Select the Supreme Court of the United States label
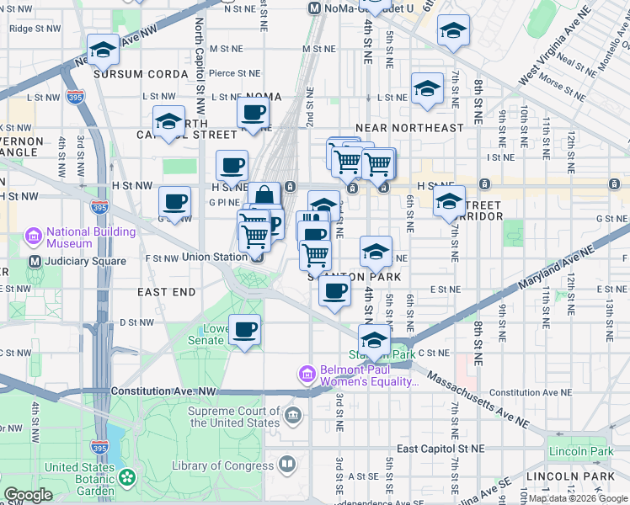point(234,417)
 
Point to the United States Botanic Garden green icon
point(127,478)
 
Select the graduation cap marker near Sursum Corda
point(103,50)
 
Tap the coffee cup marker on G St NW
point(175,202)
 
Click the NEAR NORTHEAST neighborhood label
point(409,128)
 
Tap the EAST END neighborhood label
point(167,292)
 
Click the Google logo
point(29,495)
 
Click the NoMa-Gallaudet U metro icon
point(315,8)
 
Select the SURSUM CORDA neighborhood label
point(141,74)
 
